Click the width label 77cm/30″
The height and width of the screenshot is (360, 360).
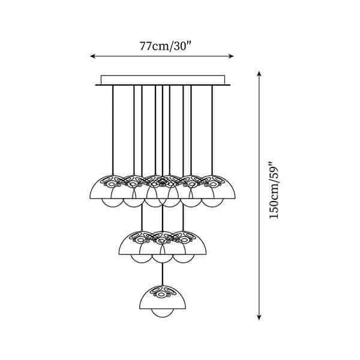pos(161,45)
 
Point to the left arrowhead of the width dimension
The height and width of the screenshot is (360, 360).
pos(92,56)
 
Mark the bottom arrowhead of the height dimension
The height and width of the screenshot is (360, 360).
pos(259,333)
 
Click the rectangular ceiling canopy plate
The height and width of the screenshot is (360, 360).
pos(162,80)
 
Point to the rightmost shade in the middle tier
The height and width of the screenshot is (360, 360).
pos(191,244)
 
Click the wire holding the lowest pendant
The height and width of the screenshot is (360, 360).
pos(162,273)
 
